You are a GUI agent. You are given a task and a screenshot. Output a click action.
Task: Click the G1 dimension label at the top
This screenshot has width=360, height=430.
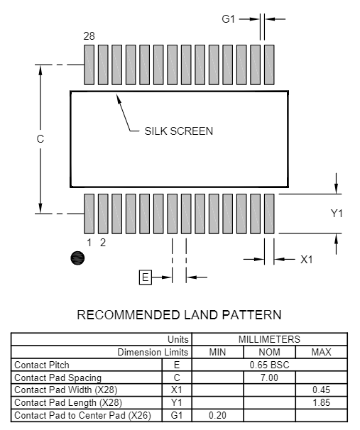[x=229, y=19]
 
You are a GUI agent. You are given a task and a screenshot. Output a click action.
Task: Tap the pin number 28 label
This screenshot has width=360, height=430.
[x=89, y=36]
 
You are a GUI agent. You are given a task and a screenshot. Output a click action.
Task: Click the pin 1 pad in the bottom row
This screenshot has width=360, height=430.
[x=89, y=214]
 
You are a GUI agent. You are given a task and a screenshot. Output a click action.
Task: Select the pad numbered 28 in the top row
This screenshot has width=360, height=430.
[x=89, y=65]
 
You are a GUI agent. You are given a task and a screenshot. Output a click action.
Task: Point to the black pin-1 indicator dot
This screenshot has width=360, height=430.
[x=77, y=258]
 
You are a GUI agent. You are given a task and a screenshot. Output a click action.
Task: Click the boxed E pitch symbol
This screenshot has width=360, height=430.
[x=146, y=277]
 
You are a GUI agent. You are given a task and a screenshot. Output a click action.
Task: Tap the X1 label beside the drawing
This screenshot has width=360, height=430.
[x=306, y=260]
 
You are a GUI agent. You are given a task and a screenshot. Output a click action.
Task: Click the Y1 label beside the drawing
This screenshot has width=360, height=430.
[x=337, y=213]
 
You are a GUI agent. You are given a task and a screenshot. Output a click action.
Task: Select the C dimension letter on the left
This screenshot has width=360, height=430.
[x=40, y=139]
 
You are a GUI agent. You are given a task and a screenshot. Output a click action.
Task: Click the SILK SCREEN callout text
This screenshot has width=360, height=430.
[x=179, y=131]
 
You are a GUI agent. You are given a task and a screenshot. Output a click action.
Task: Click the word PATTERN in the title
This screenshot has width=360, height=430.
[x=251, y=315]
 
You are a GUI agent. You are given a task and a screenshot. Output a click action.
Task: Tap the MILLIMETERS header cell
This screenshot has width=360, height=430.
[x=269, y=339]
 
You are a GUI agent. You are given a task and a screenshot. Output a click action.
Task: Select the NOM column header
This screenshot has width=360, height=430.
[x=269, y=352]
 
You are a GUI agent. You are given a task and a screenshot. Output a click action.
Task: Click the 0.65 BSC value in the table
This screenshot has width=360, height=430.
[x=269, y=365]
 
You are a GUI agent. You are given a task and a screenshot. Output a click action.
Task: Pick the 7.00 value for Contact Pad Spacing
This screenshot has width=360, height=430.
[x=269, y=377]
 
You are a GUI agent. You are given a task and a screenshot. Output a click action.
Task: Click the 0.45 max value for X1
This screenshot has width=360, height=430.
[x=322, y=390]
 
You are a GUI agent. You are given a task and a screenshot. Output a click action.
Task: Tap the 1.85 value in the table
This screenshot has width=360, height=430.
[x=322, y=402]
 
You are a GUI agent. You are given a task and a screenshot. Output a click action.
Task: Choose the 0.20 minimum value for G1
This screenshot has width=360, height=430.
[x=217, y=415]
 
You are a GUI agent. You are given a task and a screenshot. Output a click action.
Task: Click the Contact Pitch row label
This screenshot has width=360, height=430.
[x=42, y=365]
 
